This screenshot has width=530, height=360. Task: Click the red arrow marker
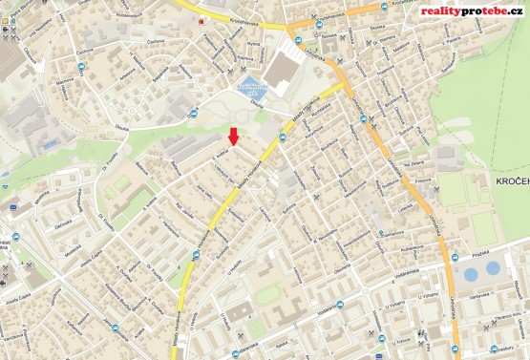235,136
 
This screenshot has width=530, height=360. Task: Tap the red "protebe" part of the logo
486,11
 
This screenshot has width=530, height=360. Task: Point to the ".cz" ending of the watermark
517,11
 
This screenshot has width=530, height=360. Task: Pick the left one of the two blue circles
470,275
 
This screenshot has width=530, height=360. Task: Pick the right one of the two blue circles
493,267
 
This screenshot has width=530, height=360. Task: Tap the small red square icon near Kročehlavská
201,19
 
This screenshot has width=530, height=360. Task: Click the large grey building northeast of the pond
283,68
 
